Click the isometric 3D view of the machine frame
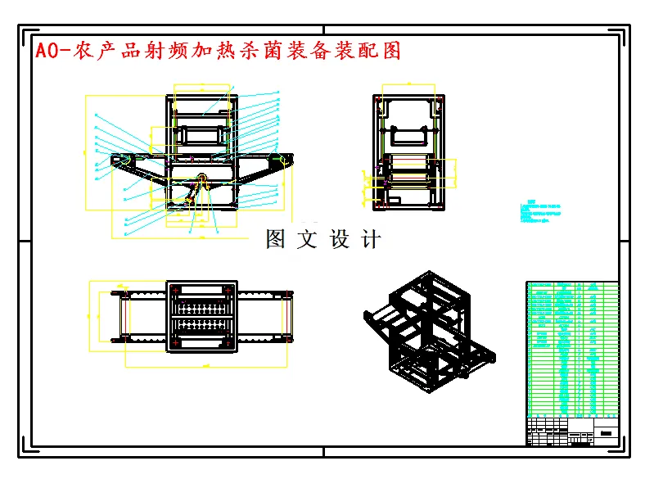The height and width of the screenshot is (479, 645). coord(429,332)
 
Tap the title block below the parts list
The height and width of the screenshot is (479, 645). coord(572,431)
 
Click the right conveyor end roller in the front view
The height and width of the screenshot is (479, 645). coord(283,160)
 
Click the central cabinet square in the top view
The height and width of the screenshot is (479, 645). coord(202,316)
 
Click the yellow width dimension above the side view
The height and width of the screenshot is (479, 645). coord(409,84)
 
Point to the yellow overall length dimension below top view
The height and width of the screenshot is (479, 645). coord(205,366)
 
